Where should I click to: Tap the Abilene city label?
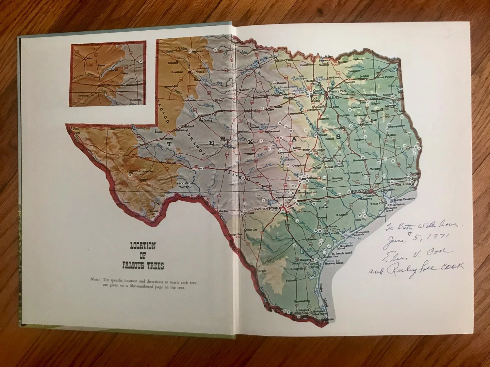coord(251,110)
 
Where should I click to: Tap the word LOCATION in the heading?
coord(143,246)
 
